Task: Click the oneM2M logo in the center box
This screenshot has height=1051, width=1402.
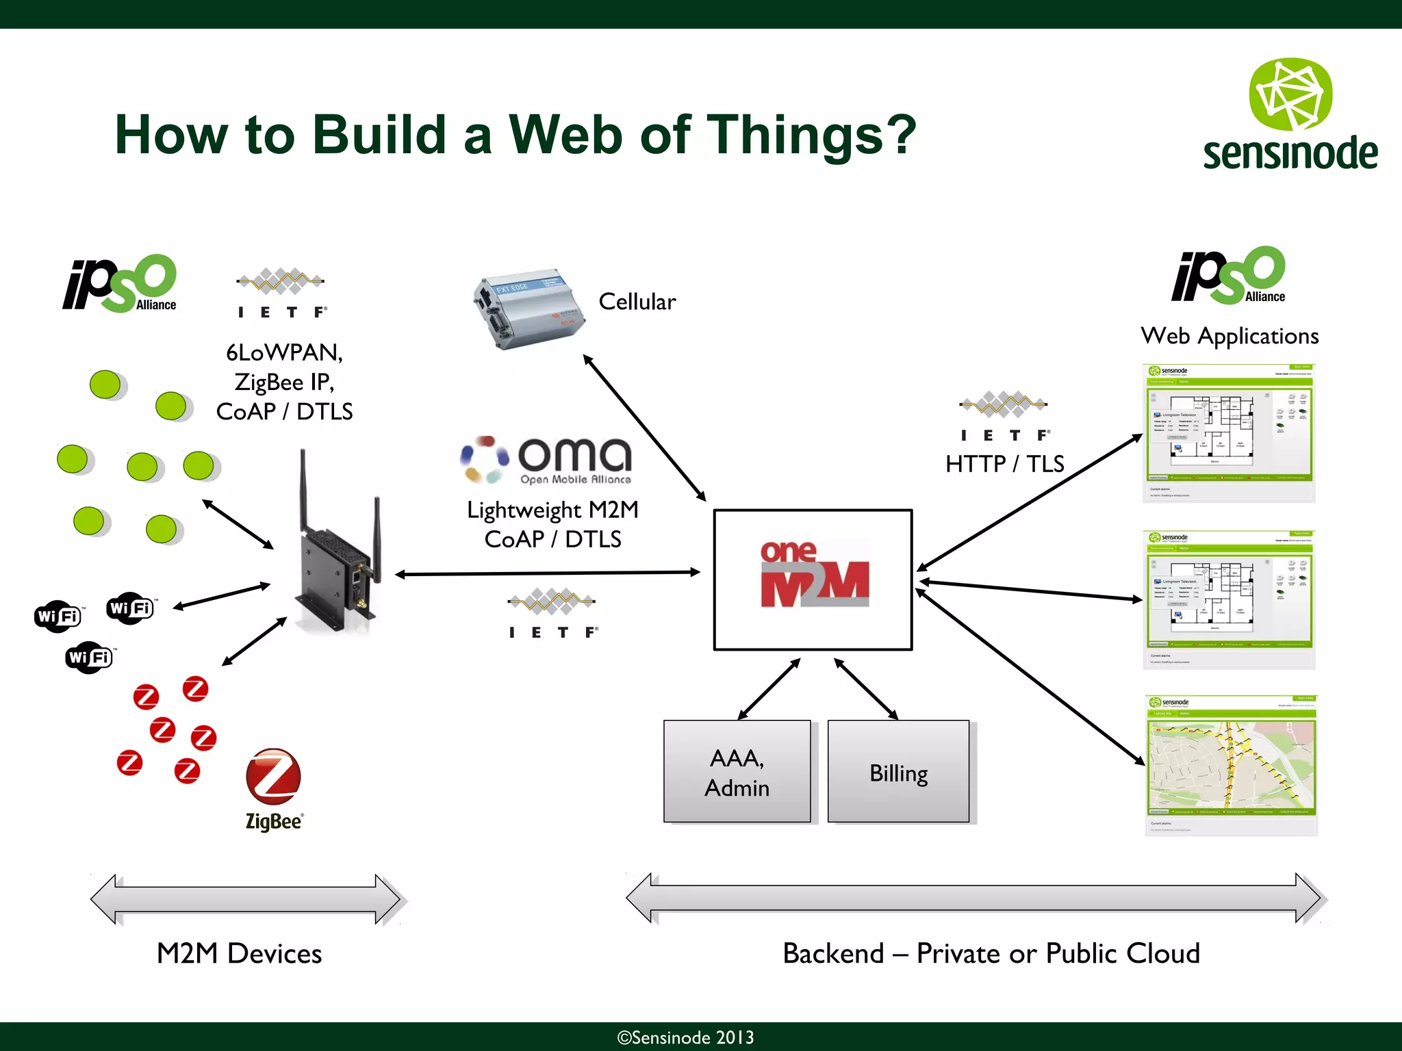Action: coord(814,575)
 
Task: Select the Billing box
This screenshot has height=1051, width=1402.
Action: coord(898,772)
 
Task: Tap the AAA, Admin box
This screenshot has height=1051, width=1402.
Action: coord(737,772)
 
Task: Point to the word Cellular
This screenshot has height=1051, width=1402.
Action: coord(637,302)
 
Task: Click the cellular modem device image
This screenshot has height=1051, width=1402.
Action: coord(527,309)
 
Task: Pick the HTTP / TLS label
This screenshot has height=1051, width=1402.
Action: coord(1004,464)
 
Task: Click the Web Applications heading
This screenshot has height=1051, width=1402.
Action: coord(1229,336)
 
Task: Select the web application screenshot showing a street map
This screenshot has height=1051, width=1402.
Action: coord(1230,765)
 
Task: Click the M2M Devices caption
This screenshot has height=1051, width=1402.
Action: coord(239,953)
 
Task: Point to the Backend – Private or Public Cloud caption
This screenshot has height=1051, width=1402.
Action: coord(991,953)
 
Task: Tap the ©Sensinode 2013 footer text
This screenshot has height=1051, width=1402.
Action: coord(685,1037)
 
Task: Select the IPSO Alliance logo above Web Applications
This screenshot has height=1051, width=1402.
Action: coord(1229,276)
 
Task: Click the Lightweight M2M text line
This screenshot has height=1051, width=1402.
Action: coord(552,510)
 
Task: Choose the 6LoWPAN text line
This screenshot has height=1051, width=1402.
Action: coord(284,352)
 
